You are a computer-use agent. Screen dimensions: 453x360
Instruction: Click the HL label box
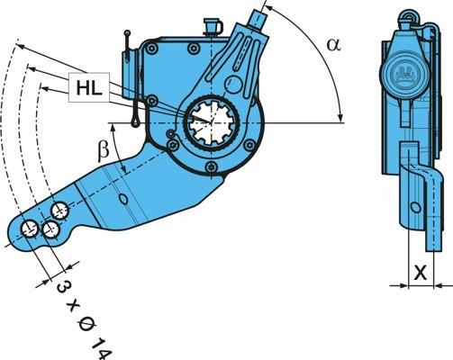89,87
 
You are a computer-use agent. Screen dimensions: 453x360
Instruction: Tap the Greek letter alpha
334,45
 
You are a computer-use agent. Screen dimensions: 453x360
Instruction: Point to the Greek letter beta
104,151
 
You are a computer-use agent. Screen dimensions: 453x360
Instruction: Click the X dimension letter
421,273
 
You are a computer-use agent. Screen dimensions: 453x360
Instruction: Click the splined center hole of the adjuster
212,122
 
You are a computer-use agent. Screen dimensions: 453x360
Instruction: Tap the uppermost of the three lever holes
60,211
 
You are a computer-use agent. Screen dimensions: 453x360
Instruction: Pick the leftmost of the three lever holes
30,229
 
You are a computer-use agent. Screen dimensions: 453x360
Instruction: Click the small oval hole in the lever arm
123,199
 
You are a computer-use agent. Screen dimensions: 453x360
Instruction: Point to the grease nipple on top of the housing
213,26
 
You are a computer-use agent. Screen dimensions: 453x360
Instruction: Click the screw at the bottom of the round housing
212,166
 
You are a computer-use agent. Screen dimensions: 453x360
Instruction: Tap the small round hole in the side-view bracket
415,207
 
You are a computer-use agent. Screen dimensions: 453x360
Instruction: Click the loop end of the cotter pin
136,121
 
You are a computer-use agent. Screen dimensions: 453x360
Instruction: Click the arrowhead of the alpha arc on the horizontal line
340,118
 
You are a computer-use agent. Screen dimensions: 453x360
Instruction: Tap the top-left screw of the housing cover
151,48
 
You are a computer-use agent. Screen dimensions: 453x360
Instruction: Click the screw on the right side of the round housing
249,145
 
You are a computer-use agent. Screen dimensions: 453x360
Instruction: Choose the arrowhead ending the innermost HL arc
44,88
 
